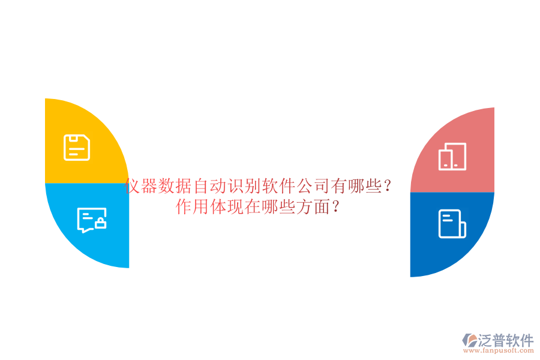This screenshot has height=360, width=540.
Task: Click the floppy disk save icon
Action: [77, 148]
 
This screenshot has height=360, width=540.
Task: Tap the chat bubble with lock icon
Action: [92, 220]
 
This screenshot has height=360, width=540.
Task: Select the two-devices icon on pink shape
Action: [452, 157]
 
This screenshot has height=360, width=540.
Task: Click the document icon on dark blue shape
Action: [452, 224]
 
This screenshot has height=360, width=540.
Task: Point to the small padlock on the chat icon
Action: [101, 224]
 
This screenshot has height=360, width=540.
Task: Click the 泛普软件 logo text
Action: [506, 341]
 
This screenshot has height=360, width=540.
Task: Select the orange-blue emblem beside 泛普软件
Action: [470, 340]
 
